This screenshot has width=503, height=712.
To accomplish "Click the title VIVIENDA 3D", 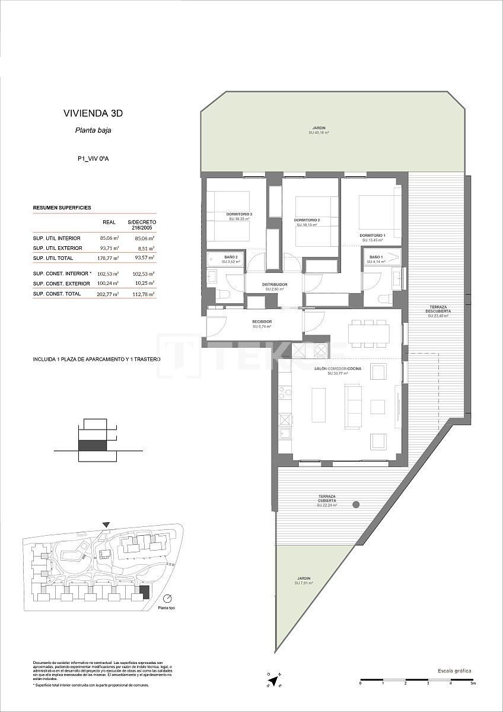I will coord(93,113).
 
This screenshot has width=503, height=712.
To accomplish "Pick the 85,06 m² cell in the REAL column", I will coord(109,238).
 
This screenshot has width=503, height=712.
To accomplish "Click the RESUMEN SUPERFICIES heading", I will coord(62,208).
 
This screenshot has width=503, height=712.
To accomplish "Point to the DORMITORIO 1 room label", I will coord(372,236).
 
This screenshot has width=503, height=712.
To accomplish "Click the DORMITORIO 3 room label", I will coord(239,214).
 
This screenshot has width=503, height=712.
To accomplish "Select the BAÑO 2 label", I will coord(231,257).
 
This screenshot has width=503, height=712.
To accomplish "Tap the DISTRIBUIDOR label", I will coord(275,285).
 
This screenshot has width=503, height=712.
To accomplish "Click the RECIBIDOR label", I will coord(262,321).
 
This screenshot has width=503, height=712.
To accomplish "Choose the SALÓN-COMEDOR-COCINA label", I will coord(336,368).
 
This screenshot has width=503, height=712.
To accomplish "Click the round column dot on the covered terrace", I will coord(356,504).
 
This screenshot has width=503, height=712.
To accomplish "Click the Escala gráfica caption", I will coord(454,670).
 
